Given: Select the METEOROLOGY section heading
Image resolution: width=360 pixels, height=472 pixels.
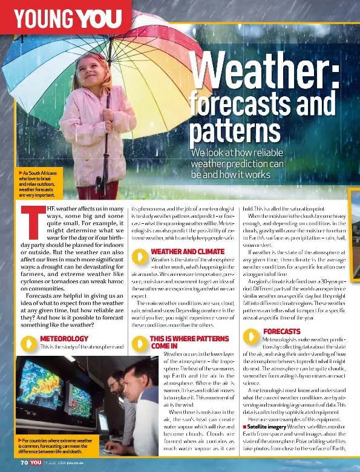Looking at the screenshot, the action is [x=64, y=338].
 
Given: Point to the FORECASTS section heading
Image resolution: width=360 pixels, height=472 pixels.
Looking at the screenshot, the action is [x=282, y=332].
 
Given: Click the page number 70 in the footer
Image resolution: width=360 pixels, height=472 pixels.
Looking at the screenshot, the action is [x=24, y=462].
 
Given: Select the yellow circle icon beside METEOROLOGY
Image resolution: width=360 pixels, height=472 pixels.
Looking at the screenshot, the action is [x=27, y=343].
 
